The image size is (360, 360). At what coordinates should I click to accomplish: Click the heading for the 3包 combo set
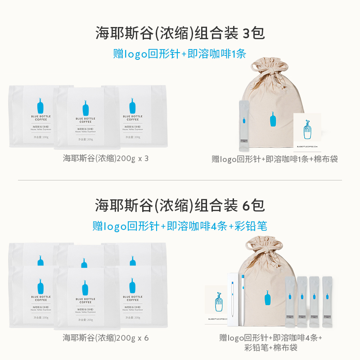180,33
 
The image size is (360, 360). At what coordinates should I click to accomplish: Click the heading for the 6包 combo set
180,205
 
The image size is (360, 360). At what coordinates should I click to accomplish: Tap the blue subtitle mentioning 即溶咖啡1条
180,54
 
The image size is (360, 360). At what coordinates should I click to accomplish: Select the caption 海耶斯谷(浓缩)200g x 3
106,158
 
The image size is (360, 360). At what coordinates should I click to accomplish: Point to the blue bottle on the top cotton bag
273,121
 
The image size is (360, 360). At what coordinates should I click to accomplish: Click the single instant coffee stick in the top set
243,127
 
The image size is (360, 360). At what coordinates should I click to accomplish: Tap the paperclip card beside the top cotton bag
307,130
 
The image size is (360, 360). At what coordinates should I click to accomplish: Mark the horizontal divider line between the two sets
180,180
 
